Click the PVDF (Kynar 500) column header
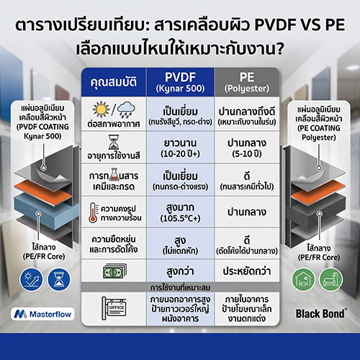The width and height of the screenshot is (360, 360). [180, 82]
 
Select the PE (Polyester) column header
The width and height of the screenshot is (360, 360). [247, 82]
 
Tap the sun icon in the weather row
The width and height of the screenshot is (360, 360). [101, 109]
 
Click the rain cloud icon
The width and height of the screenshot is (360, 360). [126, 109]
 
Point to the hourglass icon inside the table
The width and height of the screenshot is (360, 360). [114, 142]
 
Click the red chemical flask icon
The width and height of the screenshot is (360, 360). [114, 174]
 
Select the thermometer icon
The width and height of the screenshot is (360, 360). [93, 212]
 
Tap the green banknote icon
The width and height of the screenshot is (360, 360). [114, 271]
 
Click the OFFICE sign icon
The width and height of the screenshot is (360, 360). [114, 308]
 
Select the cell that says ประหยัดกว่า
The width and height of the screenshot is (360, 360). [247, 271]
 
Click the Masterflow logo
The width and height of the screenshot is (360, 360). [42, 314]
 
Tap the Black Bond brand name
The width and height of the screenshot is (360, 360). [320, 313]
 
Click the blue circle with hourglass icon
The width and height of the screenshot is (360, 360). [59, 279]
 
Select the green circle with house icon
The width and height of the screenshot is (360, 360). [303, 279]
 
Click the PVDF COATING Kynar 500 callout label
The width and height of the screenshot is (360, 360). [42, 122]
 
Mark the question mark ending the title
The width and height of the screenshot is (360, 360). [279, 49]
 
